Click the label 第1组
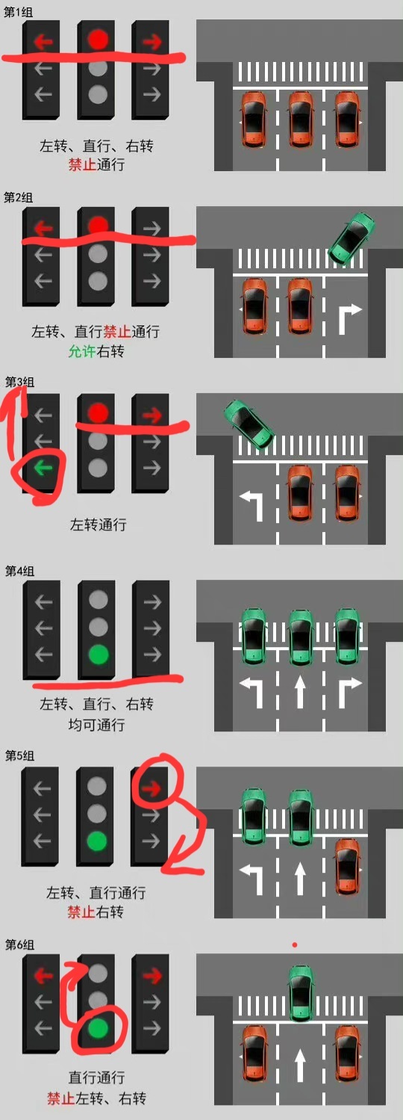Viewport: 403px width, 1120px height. [19, 13]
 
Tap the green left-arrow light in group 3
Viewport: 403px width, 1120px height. [43, 468]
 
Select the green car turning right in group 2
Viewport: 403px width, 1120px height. [352, 237]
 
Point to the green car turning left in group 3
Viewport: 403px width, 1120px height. [249, 423]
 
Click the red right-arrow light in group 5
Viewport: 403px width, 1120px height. [151, 787]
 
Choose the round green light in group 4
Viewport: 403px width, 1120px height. [97, 655]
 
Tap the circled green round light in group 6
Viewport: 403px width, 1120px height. [97, 1029]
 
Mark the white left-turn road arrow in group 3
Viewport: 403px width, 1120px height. [252, 504]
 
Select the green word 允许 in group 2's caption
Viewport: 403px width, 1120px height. [81, 351]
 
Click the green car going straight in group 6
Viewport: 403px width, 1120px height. [300, 992]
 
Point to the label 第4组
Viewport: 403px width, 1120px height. [19, 571]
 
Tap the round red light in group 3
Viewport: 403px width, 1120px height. [97, 413]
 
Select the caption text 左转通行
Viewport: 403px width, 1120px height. [98, 525]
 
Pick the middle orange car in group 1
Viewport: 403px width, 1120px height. [300, 119]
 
